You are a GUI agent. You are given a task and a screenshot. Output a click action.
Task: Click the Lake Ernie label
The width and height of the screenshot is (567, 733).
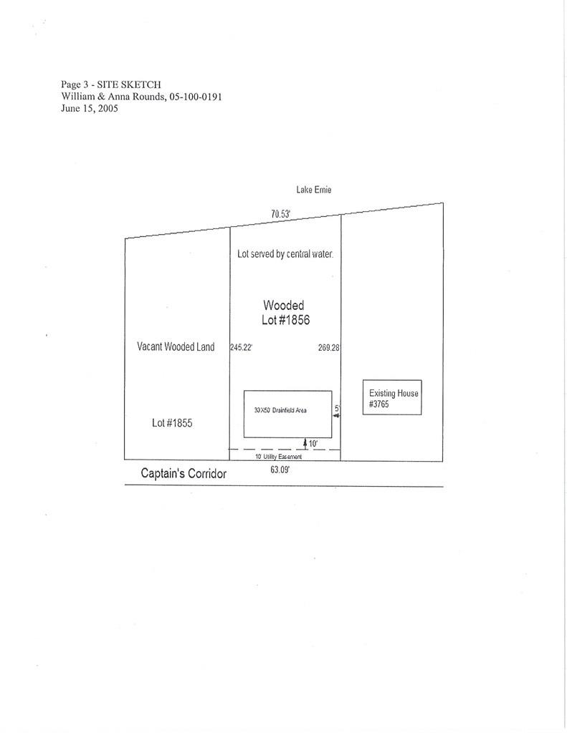click(314, 189)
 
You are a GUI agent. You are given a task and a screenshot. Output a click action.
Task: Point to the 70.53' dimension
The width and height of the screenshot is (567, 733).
click(281, 213)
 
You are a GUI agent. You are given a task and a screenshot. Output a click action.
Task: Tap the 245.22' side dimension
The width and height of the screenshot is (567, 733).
click(241, 347)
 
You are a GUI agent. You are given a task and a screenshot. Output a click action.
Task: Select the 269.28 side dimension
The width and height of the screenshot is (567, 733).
click(329, 347)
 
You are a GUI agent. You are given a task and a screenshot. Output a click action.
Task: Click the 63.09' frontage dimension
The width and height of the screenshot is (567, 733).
click(280, 470)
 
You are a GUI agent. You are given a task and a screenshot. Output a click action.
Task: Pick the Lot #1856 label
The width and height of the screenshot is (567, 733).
click(285, 320)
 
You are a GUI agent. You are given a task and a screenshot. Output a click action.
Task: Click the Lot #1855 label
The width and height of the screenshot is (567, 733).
click(172, 422)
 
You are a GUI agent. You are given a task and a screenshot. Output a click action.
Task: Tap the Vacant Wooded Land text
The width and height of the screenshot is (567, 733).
click(176, 346)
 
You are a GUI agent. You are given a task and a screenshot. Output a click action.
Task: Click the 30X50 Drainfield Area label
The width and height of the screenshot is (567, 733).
click(280, 410)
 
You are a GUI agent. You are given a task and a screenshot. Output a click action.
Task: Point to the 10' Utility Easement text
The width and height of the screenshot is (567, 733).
click(279, 456)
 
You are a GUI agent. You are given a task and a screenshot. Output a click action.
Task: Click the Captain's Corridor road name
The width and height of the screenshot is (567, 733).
click(184, 474)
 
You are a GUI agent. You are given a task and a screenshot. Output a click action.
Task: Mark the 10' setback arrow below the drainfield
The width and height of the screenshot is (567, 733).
click(305, 444)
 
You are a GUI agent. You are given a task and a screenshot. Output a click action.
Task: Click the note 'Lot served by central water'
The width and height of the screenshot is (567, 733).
click(285, 254)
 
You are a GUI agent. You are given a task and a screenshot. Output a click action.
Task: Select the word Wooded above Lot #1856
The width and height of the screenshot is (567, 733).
click(284, 305)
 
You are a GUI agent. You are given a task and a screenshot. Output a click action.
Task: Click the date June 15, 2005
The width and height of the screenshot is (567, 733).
click(90, 109)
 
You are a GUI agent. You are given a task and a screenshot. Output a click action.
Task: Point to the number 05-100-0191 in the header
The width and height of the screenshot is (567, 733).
click(196, 97)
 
